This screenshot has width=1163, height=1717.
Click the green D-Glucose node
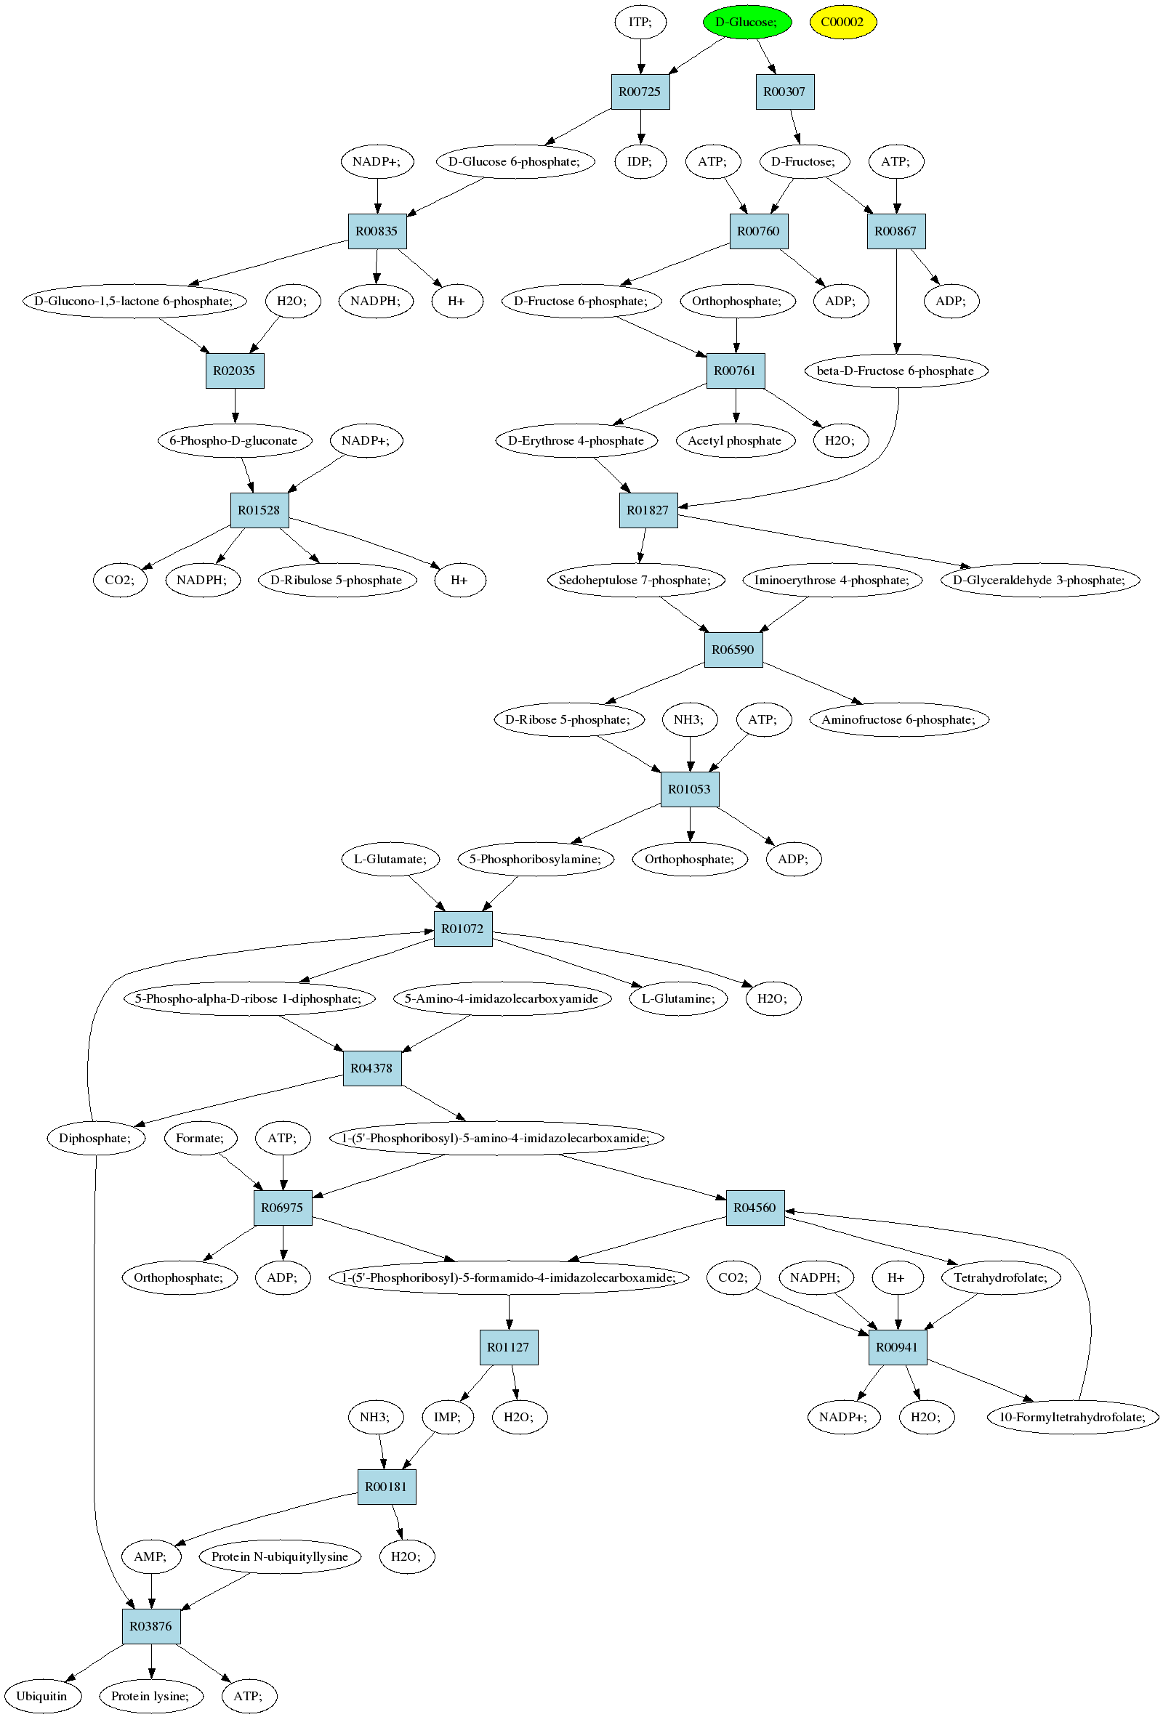[747, 23]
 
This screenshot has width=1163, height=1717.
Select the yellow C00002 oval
[842, 23]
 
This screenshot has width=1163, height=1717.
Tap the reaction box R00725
[640, 92]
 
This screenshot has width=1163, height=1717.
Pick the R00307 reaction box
[785, 92]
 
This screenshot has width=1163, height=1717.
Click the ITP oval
[640, 23]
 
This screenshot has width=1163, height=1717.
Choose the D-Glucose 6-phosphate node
[515, 162]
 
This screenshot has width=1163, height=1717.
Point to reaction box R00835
[377, 231]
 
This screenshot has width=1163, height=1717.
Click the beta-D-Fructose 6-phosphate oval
[896, 371]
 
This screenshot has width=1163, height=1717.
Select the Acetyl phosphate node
[735, 441]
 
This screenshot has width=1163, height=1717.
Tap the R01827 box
[648, 511]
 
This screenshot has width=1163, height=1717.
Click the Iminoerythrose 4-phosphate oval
[832, 581]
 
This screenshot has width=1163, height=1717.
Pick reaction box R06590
[733, 650]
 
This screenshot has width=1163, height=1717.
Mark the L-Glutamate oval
[391, 860]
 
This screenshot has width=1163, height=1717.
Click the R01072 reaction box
[462, 929]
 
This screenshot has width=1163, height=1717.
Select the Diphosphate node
[95, 1139]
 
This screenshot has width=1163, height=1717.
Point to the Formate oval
[200, 1139]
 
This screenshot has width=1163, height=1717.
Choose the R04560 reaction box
[755, 1208]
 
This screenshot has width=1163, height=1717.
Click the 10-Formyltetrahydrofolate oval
[1073, 1417]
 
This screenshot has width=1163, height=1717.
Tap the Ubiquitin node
[42, 1697]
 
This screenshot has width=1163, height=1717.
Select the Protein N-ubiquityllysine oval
[280, 1556]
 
